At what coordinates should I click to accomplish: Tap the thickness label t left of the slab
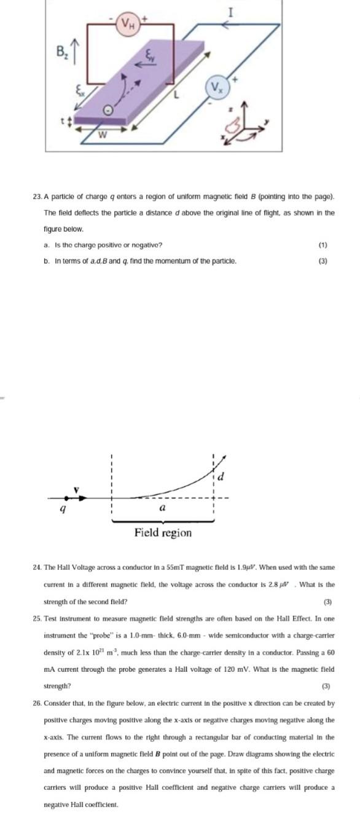(x=63, y=120)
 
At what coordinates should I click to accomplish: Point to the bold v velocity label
(x=77, y=489)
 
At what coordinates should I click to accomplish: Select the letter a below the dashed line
(x=162, y=508)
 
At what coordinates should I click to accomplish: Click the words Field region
(x=163, y=532)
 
